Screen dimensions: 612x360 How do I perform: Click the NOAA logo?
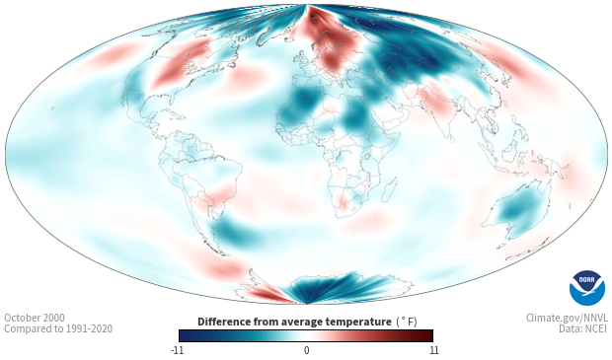(587, 288)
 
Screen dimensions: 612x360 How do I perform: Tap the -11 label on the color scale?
(177, 350)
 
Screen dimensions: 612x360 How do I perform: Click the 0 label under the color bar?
(306, 350)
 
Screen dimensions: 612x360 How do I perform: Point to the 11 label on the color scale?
(433, 350)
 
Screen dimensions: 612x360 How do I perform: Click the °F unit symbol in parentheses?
(407, 322)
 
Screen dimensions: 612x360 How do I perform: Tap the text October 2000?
(35, 318)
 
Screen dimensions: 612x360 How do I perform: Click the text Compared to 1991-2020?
(58, 328)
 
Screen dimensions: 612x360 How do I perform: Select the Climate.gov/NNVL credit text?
(567, 318)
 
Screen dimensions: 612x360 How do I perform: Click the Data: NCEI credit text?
(583, 328)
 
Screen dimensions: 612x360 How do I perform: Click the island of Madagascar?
(389, 189)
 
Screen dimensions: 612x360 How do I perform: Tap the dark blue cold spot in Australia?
(513, 213)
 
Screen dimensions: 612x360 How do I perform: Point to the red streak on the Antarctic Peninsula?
(266, 293)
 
